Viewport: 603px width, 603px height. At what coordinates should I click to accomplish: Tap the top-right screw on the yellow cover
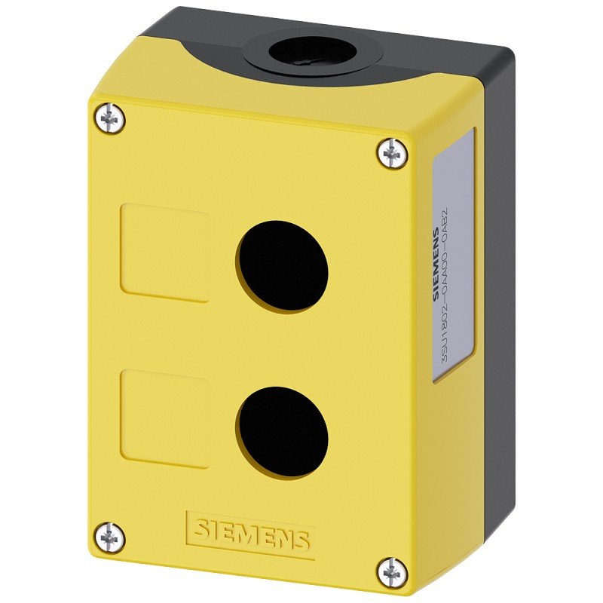[390, 155]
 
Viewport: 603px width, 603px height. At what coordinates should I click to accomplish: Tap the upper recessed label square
[164, 253]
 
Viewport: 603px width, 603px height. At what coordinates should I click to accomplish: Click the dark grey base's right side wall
[500, 301]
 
